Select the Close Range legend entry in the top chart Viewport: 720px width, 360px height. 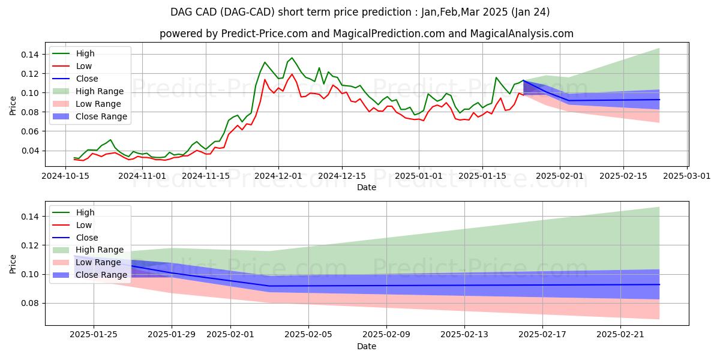(101, 116)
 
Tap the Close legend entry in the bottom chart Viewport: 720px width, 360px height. (87, 238)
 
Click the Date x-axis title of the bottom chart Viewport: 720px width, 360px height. (367, 346)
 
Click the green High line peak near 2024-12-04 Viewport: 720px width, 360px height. (292, 58)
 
